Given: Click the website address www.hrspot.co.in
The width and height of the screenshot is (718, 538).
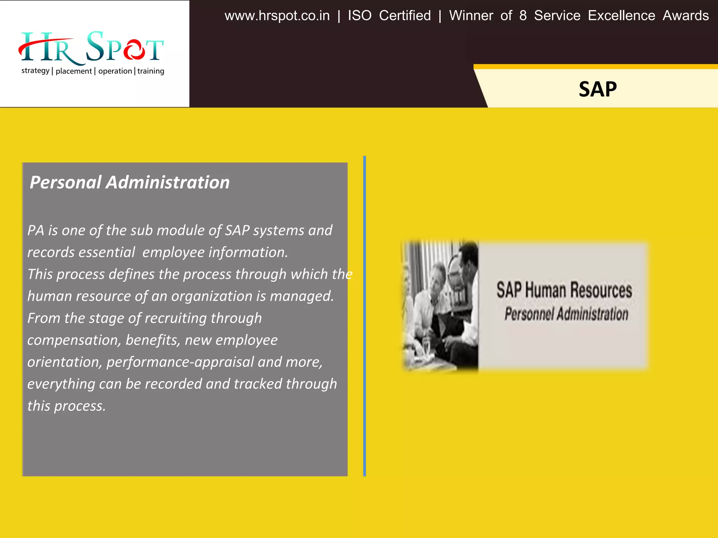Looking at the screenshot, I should [277, 16].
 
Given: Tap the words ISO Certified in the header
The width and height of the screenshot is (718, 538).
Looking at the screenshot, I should [389, 16].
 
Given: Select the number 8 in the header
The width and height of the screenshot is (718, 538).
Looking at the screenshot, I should [523, 16].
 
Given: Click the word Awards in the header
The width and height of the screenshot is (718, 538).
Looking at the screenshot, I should [685, 16].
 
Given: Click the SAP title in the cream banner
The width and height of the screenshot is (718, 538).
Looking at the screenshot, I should [597, 89].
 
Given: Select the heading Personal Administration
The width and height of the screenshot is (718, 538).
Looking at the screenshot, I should [129, 182].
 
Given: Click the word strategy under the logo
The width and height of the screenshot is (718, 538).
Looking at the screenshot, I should [35, 71].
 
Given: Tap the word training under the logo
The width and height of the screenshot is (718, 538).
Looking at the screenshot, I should [151, 71].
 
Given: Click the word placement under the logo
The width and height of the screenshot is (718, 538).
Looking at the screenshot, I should [74, 71].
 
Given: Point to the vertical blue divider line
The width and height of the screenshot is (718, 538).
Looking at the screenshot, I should [365, 315].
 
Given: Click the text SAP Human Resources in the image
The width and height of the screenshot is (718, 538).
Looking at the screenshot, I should [564, 290].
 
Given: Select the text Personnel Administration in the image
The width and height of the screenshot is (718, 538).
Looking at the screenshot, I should [566, 314].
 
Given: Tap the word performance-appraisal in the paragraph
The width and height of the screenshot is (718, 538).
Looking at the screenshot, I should [180, 362].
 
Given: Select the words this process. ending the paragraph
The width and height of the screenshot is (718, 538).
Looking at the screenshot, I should [66, 406].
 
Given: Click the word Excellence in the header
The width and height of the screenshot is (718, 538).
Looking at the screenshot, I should [621, 16].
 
